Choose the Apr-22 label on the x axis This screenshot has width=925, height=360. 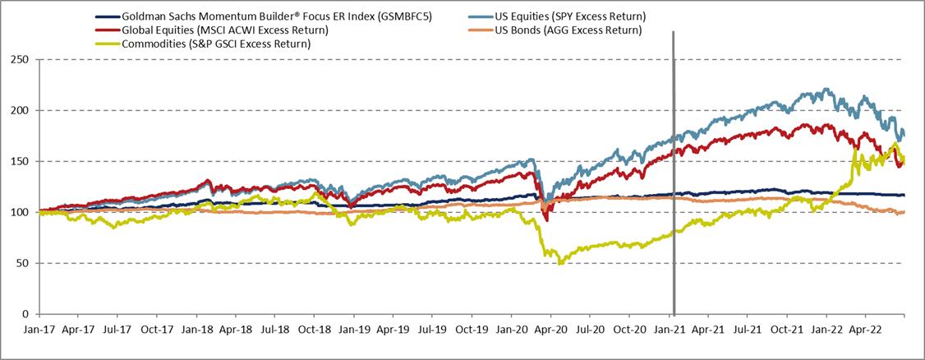[x=864, y=327]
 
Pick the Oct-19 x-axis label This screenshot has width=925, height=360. [x=471, y=327]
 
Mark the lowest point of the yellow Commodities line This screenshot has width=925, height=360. [x=561, y=263]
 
